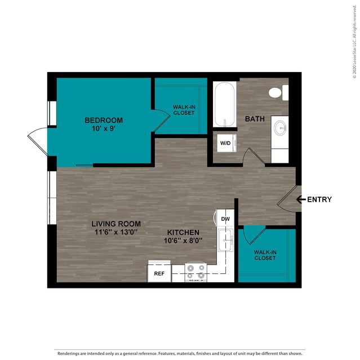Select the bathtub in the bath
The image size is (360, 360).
225,104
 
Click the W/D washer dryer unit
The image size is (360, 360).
226,143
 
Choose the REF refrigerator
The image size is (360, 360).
159,272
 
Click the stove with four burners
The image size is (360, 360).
195,272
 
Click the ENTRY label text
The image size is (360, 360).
319,199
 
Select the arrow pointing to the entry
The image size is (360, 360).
301,199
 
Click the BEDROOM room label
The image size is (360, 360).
104,120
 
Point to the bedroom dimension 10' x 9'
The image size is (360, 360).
104,128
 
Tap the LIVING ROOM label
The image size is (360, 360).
116,224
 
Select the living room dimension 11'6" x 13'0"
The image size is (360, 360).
116,232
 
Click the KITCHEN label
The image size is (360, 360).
183,232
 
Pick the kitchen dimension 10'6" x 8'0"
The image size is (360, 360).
183,241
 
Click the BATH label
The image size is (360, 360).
255,119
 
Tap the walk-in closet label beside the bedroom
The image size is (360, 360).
184,110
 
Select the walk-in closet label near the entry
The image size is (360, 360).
265,255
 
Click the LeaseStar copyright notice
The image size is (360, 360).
355,42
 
